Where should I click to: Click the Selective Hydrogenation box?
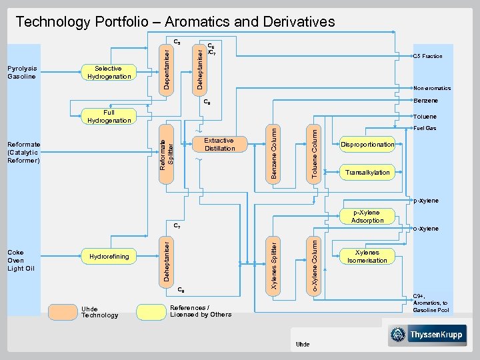[108, 73]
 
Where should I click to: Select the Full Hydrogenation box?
[109, 117]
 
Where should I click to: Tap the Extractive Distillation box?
[219, 145]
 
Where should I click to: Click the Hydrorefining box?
[107, 257]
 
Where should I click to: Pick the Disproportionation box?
[367, 145]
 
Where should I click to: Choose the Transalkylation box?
[367, 173]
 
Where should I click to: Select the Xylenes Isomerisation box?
[367, 257]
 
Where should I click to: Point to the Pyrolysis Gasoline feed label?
[23, 73]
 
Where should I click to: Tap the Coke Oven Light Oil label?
[20, 260]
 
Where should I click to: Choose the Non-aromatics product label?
[431, 88]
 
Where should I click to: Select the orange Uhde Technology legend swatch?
[61, 311]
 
